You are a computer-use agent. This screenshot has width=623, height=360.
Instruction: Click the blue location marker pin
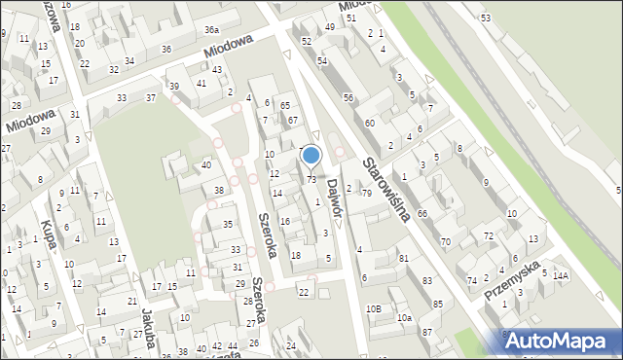(x=311, y=156)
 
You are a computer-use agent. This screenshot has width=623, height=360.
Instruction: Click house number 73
(x=311, y=179)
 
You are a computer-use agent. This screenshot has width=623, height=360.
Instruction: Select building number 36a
(x=211, y=31)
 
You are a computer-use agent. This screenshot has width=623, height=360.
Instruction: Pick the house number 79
(x=367, y=194)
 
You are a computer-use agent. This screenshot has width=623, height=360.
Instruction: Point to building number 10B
(x=374, y=309)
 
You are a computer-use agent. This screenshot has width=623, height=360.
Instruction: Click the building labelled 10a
(x=403, y=318)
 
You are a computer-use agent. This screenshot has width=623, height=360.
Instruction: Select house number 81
(x=403, y=259)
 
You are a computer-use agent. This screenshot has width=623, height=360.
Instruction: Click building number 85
(x=438, y=305)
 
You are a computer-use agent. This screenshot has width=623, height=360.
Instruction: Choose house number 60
(x=370, y=124)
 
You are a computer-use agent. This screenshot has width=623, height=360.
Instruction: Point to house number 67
(x=292, y=120)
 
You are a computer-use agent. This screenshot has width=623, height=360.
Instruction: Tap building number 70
(x=445, y=241)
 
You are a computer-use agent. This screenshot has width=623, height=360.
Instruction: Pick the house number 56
(x=348, y=97)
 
